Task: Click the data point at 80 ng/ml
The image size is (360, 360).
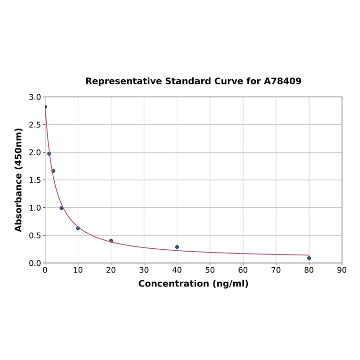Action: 309,258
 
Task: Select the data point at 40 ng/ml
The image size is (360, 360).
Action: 177,247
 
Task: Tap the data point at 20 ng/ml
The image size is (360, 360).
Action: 111,241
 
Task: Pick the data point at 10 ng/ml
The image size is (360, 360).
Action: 78,228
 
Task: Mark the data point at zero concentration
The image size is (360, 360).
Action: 45,107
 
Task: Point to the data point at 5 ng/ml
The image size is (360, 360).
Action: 61,208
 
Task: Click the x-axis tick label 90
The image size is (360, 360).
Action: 342,270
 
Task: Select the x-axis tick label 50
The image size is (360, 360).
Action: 210,270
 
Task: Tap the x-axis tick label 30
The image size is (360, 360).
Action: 144,270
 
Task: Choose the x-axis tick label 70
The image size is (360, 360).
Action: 276,270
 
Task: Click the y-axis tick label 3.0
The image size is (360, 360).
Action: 34,97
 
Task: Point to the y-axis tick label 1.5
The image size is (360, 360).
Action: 34,180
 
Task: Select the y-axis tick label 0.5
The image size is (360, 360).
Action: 34,236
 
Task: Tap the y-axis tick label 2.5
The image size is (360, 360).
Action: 34,125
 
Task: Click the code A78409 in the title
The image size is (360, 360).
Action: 282,81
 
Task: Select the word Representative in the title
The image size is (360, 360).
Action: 123,81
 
